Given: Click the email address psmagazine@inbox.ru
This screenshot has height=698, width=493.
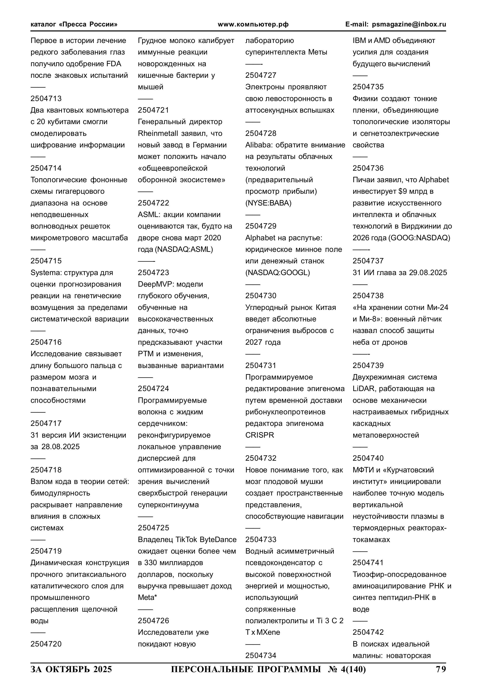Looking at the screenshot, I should [409, 24].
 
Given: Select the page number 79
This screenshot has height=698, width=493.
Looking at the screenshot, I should [441, 669].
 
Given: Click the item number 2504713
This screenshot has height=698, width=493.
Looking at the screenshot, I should [46, 98].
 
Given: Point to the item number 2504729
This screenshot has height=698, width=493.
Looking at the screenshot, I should [261, 226].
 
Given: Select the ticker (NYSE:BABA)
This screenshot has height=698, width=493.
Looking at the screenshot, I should [268, 203].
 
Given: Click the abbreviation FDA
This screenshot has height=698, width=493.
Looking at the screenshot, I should [114, 64].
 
